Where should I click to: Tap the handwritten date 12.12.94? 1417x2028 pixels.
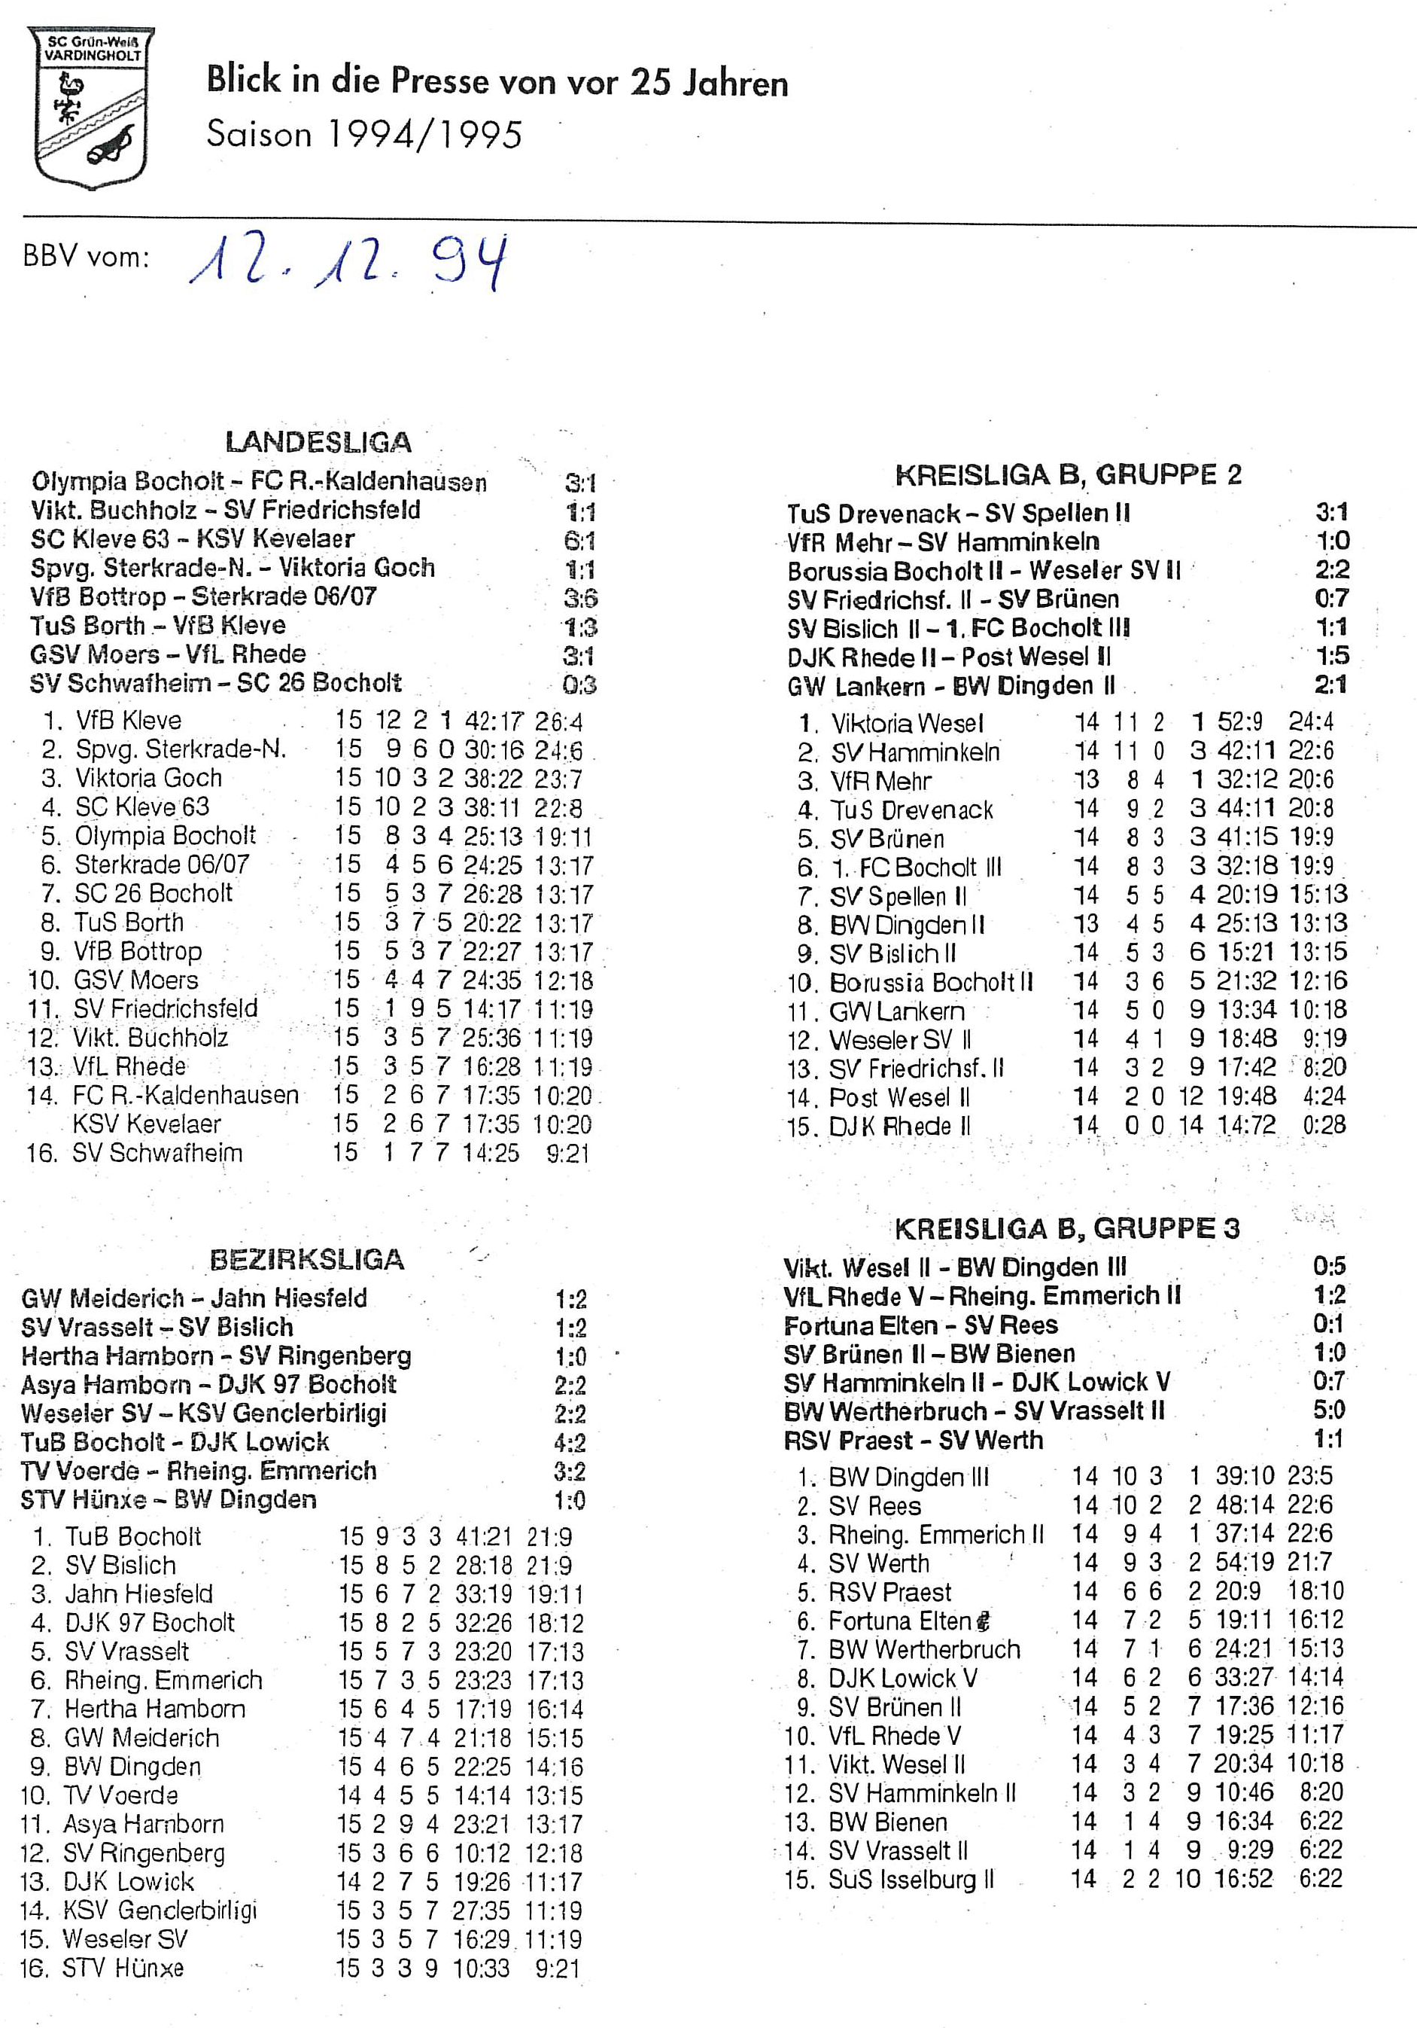coord(348,262)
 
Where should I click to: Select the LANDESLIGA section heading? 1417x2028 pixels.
coord(318,441)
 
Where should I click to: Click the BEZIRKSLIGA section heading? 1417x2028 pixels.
coord(306,1260)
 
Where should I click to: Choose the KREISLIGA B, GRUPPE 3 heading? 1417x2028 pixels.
coord(1066,1229)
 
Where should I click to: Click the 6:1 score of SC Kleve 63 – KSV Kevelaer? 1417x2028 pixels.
coord(580,541)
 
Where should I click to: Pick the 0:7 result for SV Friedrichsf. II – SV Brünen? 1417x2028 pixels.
coord(1331,598)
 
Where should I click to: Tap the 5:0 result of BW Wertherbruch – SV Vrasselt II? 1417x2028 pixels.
coord(1329,1410)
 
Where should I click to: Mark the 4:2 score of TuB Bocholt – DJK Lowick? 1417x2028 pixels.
coord(570,1442)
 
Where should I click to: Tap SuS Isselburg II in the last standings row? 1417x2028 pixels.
coord(911,1880)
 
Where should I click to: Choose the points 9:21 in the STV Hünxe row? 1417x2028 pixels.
coord(557,1968)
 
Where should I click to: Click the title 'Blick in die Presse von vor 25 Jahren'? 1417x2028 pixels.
coord(497,82)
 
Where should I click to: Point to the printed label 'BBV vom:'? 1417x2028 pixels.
coord(87,257)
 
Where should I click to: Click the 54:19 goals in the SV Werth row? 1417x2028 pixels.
coord(1244,1563)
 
